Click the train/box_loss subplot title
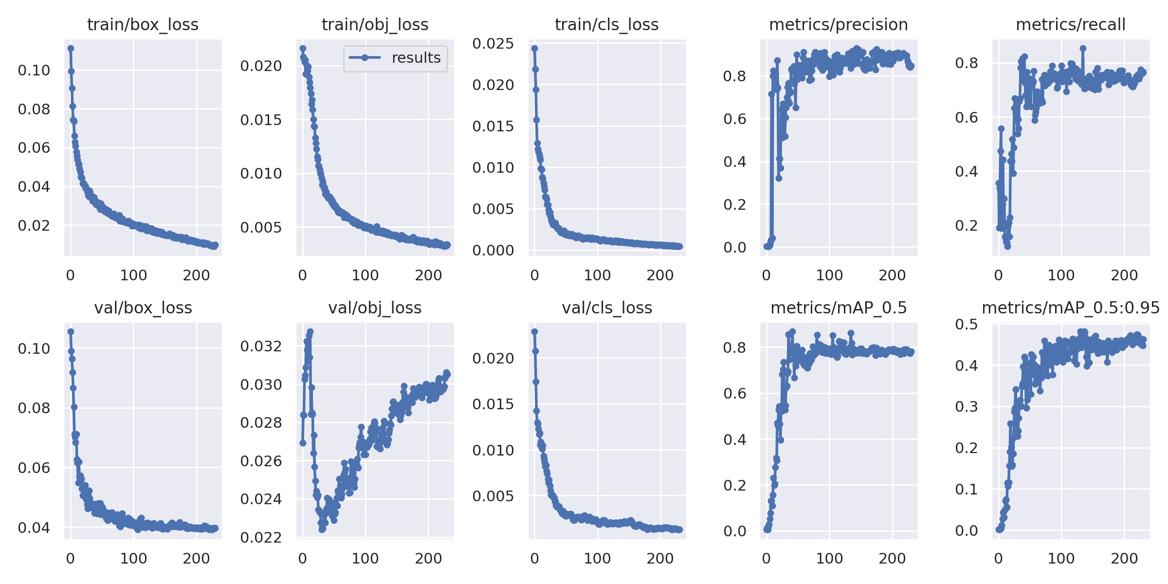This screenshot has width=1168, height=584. [x=143, y=24]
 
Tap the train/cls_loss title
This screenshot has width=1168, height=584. [x=606, y=24]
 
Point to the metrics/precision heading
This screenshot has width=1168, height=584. [x=838, y=24]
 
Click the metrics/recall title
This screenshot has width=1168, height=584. [x=1070, y=24]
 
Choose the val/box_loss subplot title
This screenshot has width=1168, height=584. [x=143, y=308]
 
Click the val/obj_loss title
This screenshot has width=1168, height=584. [x=375, y=308]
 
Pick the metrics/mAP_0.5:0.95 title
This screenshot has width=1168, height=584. [x=1070, y=308]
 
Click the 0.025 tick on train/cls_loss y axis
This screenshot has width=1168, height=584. [x=493, y=44]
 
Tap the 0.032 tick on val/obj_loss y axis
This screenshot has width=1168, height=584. [x=261, y=347]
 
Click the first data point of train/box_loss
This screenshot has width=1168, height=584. [x=71, y=48]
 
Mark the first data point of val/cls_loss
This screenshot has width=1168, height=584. [x=534, y=331]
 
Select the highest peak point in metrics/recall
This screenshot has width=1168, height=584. [x=1083, y=48]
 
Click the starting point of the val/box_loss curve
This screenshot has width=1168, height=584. [x=71, y=331]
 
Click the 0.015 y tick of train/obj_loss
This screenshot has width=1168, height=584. [x=261, y=120]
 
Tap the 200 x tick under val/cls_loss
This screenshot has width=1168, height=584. [x=660, y=558]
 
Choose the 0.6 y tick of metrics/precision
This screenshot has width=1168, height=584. [x=734, y=119]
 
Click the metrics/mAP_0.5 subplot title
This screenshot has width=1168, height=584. [x=838, y=308]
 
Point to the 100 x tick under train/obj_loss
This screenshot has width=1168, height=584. [x=365, y=275]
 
